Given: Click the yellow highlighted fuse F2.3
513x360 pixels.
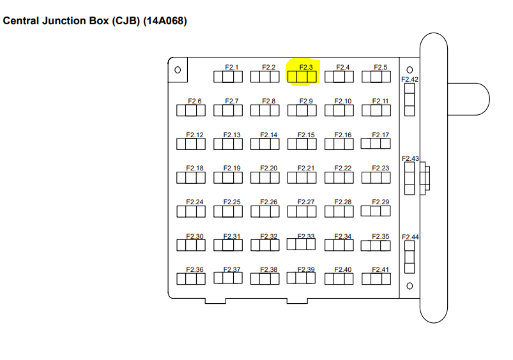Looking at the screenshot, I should click(x=302, y=77).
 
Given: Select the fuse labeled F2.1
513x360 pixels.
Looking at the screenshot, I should click(x=228, y=77).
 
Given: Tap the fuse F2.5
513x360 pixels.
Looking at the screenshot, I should click(x=376, y=77).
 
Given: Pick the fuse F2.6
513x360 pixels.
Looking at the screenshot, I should click(x=191, y=110).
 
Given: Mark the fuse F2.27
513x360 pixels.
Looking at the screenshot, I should click(x=302, y=211).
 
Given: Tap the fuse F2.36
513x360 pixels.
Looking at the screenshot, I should click(x=191, y=279).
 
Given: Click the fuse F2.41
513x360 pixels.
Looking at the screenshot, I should click(x=376, y=279).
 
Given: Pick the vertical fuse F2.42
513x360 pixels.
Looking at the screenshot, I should click(x=410, y=100).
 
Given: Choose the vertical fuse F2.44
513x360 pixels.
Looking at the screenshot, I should click(x=410, y=257).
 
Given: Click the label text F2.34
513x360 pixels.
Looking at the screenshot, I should click(x=344, y=236).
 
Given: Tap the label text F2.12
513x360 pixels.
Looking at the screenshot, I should click(x=195, y=135).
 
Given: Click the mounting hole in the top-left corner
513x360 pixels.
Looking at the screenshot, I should click(x=178, y=70).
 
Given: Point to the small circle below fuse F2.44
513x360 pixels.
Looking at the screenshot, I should click(x=410, y=285).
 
